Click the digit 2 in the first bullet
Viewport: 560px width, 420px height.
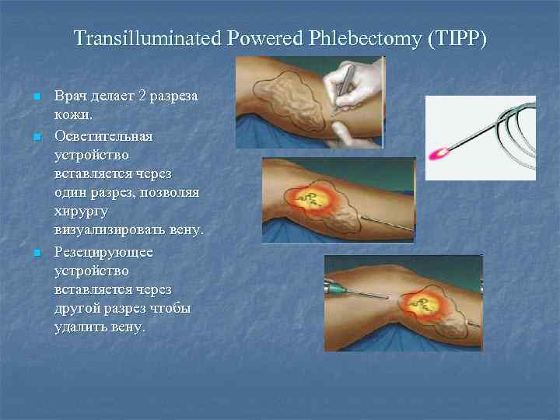point(141,96)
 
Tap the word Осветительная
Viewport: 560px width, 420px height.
point(103,135)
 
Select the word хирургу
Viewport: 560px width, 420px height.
point(80,211)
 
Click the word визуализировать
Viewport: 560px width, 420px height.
point(110,230)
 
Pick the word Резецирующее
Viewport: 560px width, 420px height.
point(103,252)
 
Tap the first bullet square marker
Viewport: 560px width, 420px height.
point(35,97)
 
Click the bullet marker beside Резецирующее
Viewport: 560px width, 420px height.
point(35,253)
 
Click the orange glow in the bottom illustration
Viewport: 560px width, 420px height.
point(425,305)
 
